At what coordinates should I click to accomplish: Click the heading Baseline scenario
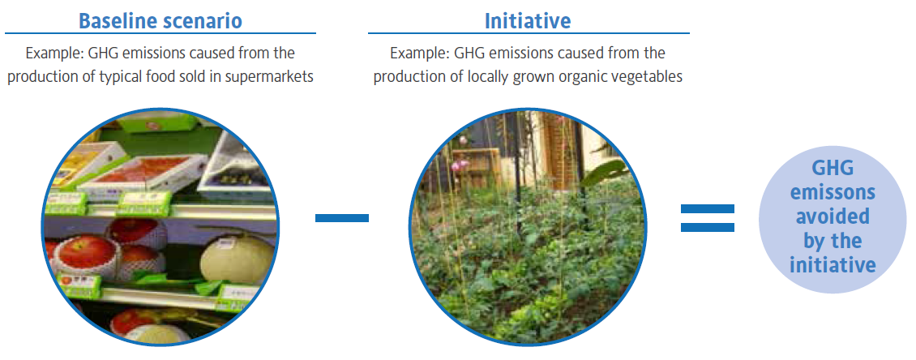(x=160, y=21)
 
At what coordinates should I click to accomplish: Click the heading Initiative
(x=528, y=21)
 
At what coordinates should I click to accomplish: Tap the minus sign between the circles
(x=342, y=218)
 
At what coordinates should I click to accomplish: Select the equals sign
(x=708, y=218)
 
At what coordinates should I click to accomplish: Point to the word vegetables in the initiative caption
(x=648, y=76)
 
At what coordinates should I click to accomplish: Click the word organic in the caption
(x=584, y=77)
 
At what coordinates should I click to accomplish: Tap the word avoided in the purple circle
(x=833, y=216)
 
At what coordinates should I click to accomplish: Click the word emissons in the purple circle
(x=833, y=192)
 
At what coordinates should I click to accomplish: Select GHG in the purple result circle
(x=833, y=169)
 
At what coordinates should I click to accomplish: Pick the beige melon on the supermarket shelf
(x=238, y=259)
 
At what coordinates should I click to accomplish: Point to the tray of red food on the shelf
(x=143, y=175)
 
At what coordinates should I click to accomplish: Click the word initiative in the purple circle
(x=833, y=265)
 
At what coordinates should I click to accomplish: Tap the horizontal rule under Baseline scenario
(x=160, y=33)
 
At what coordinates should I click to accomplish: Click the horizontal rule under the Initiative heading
(x=529, y=33)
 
